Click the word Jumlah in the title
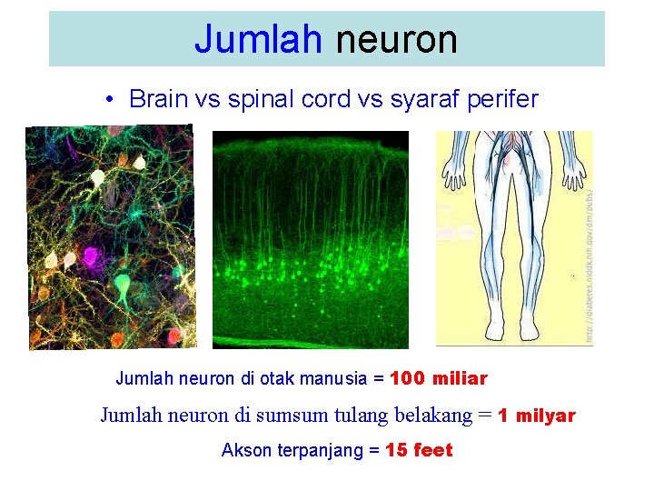pyautogui.click(x=258, y=39)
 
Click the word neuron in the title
pyautogui.click(x=396, y=39)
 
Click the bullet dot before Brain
pyautogui.click(x=108, y=100)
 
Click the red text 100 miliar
pyautogui.click(x=439, y=378)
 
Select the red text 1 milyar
pyautogui.click(x=537, y=416)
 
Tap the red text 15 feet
pyautogui.click(x=419, y=450)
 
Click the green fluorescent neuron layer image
pyautogui.click(x=311, y=239)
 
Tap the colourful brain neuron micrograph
pyautogui.click(x=111, y=237)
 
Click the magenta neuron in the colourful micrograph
pyautogui.click(x=94, y=257)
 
